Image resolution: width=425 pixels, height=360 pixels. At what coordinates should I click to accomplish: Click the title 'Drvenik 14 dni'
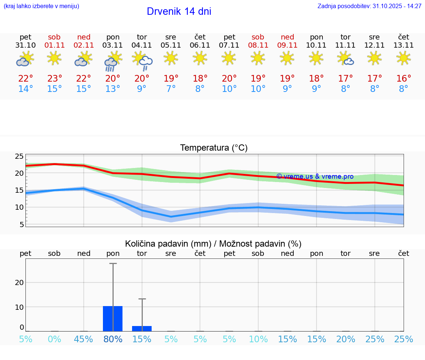(179, 11)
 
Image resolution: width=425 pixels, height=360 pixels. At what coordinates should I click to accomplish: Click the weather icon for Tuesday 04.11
(142, 61)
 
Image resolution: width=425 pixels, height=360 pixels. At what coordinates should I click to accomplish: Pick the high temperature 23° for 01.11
(54, 79)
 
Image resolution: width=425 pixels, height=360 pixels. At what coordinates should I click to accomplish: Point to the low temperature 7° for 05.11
(171, 89)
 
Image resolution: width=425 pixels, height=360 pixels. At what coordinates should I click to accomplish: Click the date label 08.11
(258, 45)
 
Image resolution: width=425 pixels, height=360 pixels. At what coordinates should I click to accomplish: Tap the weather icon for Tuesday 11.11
(346, 58)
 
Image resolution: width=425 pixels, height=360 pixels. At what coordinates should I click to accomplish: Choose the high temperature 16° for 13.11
(404, 79)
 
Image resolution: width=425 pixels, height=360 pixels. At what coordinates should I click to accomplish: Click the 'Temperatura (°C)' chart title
(214, 148)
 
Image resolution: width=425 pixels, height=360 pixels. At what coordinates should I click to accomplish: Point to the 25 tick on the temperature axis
(19, 157)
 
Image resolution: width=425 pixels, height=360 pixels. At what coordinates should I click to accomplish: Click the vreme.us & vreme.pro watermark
(315, 176)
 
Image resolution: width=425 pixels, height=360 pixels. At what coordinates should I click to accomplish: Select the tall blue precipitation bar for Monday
(113, 318)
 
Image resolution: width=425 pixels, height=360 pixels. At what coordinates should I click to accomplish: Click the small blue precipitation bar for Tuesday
(142, 328)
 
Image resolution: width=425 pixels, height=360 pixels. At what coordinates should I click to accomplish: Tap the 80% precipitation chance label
(113, 339)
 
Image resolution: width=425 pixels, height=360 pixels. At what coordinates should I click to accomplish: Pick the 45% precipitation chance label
(83, 339)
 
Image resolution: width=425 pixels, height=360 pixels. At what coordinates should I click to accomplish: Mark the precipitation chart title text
(213, 244)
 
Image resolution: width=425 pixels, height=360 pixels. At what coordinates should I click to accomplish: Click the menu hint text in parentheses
(41, 6)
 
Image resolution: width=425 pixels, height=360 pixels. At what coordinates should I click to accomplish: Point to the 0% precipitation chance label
(54, 339)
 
